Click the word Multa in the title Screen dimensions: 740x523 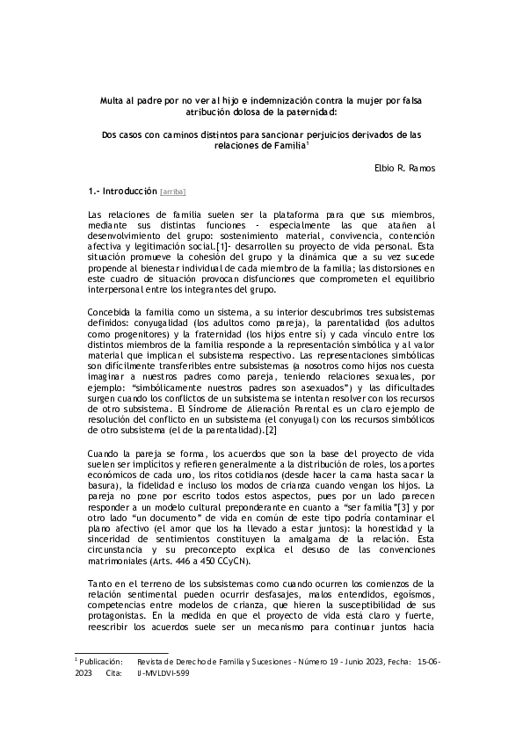click(113, 101)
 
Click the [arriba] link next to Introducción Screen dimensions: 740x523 click(173, 191)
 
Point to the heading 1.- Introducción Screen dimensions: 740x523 click(122, 191)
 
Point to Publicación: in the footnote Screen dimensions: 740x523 click(102, 659)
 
